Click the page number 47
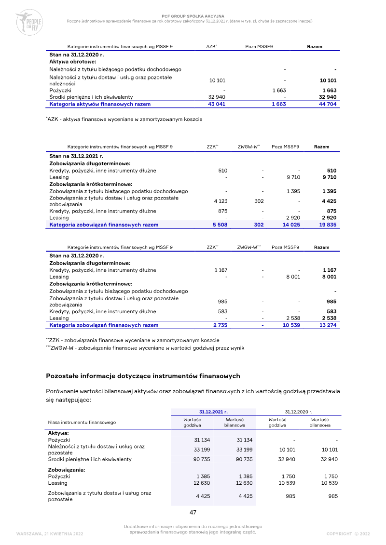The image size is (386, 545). pyautogui.click(x=193, y=512)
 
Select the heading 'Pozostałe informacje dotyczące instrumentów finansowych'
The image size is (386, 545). pyautogui.click(x=143, y=376)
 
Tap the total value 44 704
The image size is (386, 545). pyautogui.click(x=328, y=104)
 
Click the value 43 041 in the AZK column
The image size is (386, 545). pyautogui.click(x=217, y=104)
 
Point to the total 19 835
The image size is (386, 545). pyautogui.click(x=328, y=225)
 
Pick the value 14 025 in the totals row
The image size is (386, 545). pyautogui.click(x=291, y=225)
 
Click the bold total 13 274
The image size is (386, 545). pyautogui.click(x=328, y=325)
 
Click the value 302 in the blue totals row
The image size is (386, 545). pyautogui.click(x=259, y=225)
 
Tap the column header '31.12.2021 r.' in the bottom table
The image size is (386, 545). pyautogui.click(x=214, y=412)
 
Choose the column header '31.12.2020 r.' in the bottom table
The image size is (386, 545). pyautogui.click(x=299, y=412)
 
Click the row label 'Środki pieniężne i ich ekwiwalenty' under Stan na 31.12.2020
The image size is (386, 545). pyautogui.click(x=91, y=97)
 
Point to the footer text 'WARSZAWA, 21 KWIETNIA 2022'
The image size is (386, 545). pyautogui.click(x=50, y=534)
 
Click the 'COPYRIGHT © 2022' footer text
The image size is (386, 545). pyautogui.click(x=348, y=534)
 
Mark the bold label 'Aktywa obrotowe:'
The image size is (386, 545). pyautogui.click(x=73, y=62)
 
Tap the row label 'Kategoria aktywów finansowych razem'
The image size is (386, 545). pyautogui.click(x=100, y=104)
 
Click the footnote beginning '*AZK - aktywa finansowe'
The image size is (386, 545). pyautogui.click(x=124, y=119)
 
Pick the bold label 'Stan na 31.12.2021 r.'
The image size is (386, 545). pyautogui.click(x=77, y=156)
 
